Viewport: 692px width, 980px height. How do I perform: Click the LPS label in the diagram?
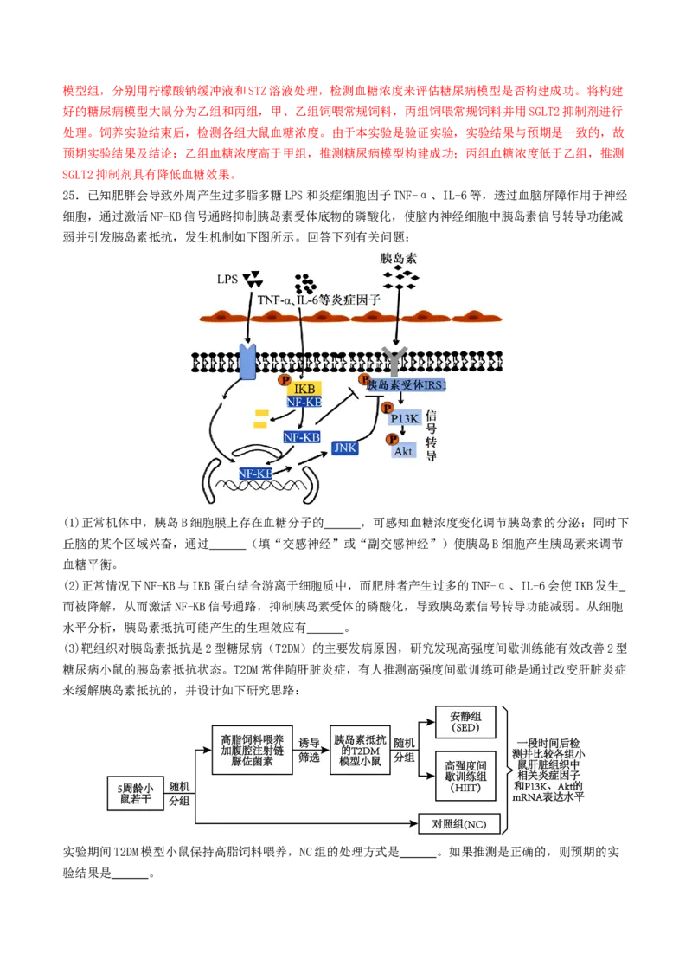point(227,280)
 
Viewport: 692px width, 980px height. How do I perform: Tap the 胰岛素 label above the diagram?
point(399,258)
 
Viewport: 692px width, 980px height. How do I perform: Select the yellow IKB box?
point(304,389)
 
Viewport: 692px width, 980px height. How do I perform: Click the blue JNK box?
point(345,448)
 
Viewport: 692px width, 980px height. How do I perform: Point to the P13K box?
point(405,419)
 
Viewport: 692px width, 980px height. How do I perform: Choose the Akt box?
point(403,451)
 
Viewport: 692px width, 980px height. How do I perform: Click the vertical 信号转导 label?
point(431,435)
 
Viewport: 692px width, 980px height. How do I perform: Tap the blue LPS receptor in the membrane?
point(248,361)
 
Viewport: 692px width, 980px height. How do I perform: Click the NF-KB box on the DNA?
point(255,474)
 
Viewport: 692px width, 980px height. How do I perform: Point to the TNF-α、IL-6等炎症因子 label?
point(319,300)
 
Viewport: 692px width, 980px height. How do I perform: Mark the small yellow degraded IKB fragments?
point(261,419)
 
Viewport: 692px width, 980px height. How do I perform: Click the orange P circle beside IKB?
point(285,379)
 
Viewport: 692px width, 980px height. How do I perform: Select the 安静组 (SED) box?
point(465,723)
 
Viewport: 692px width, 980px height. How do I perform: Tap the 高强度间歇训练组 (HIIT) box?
point(465,777)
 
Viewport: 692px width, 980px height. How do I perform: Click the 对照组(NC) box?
point(459,824)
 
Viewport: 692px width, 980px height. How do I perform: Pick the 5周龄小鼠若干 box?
point(136,794)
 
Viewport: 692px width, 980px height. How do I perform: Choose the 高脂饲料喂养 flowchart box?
point(253,750)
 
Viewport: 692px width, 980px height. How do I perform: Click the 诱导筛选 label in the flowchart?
point(309,750)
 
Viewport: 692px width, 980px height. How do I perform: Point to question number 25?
point(71,196)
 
